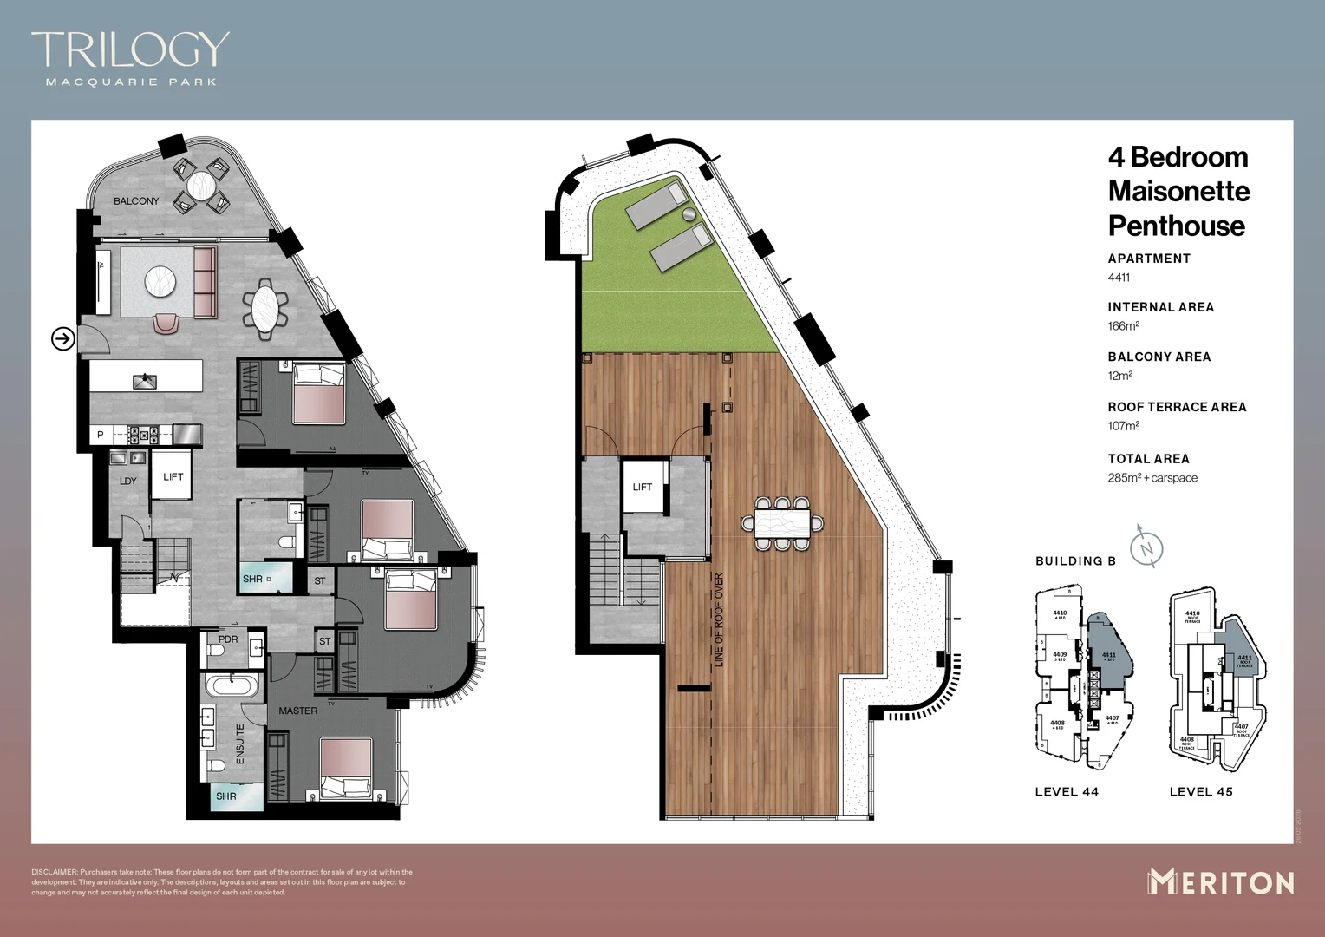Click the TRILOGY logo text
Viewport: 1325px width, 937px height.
point(130,49)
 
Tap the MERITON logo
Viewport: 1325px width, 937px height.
point(1221,882)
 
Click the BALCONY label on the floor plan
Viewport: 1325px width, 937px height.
point(136,201)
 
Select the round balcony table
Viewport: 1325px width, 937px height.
point(201,186)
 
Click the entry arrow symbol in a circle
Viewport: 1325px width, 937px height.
point(63,338)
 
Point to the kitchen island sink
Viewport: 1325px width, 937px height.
point(145,381)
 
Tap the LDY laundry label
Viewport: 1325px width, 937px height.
point(128,481)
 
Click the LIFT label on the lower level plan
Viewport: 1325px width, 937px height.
point(173,476)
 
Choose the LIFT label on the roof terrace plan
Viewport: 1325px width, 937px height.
point(642,487)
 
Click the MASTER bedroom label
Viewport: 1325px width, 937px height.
point(297,711)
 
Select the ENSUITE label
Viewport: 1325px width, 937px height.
point(240,744)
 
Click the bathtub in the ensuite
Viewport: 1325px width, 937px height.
point(231,686)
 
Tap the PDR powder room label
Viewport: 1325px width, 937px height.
point(228,639)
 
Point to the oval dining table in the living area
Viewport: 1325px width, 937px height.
point(265,307)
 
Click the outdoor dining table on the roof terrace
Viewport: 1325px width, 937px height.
point(782,523)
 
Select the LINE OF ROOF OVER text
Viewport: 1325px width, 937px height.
point(718,619)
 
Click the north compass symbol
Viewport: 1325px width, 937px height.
point(1146,548)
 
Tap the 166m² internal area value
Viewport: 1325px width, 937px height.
point(1123,326)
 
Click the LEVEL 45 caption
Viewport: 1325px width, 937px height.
point(1200,791)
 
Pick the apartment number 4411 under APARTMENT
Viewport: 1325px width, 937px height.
point(1119,278)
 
